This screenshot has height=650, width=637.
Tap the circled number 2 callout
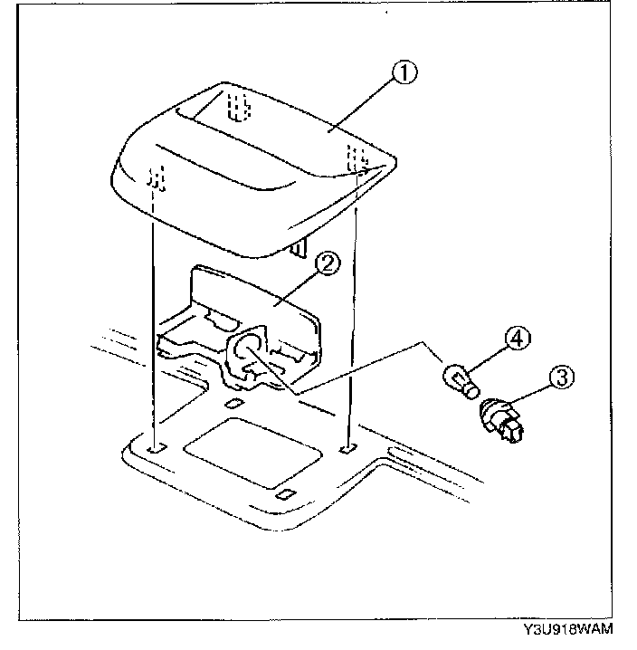328,263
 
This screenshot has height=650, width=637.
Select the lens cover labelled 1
262,172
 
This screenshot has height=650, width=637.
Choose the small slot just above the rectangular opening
234,404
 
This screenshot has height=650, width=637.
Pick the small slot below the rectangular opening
284,492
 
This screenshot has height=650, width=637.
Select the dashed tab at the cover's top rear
237,106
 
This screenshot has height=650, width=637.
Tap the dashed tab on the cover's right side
358,155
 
